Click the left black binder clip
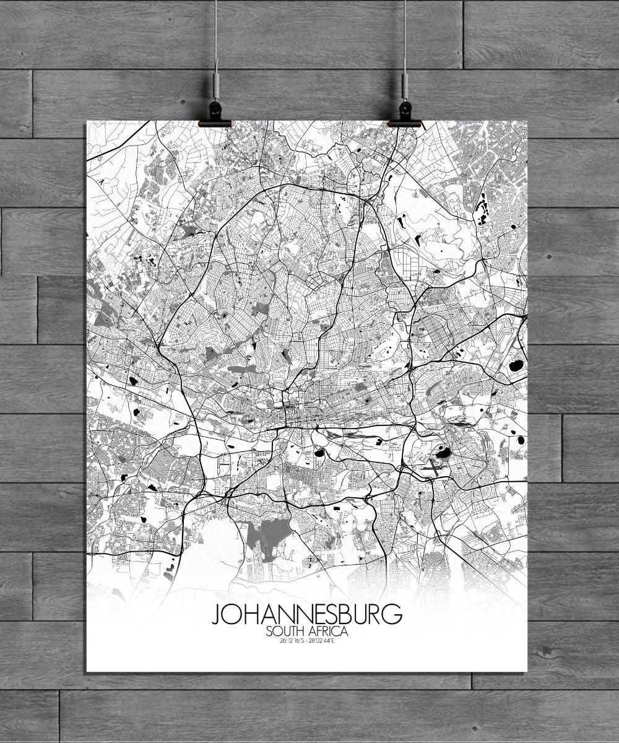pos(215,115)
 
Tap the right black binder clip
pos(404,115)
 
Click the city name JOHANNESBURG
pos(307,615)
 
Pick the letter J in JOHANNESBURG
pos(217,615)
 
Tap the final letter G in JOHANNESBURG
pos(394,615)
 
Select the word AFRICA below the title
pos(330,632)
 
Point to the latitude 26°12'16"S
pos(293,640)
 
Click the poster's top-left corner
pos(87,121)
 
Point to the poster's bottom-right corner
pos(527,671)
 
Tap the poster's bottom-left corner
pos(87,671)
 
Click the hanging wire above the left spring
pos(216,37)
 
